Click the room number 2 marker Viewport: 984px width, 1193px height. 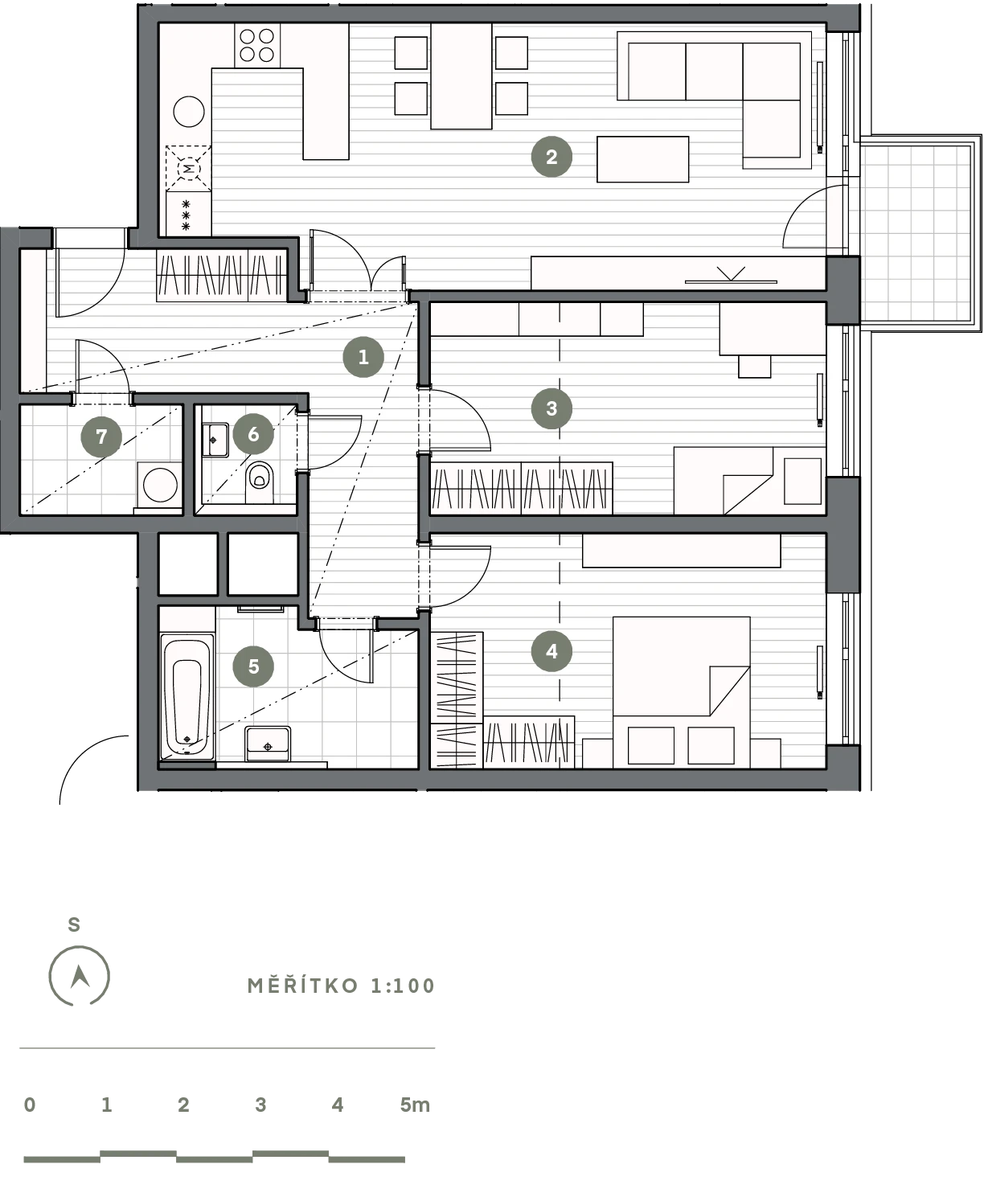[x=551, y=157]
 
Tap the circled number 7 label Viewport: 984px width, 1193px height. [x=101, y=437]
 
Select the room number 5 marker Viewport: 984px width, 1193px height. [x=253, y=666]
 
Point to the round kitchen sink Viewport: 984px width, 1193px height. [x=189, y=112]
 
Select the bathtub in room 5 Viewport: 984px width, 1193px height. [x=187, y=696]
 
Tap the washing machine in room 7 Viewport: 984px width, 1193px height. [x=159, y=485]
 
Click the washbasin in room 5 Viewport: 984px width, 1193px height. [x=268, y=744]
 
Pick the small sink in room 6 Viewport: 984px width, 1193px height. [x=215, y=440]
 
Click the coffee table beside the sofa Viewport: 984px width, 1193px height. [x=642, y=159]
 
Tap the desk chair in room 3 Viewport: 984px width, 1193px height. [x=754, y=367]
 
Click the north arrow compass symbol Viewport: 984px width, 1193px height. [x=80, y=976]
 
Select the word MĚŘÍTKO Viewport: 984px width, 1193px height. [x=303, y=985]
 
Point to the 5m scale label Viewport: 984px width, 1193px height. [x=415, y=1105]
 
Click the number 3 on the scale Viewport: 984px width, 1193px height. [x=260, y=1105]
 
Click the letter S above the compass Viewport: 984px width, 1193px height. [x=74, y=924]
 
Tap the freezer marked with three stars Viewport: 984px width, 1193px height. [x=189, y=214]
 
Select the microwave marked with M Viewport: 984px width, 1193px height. [x=189, y=169]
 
